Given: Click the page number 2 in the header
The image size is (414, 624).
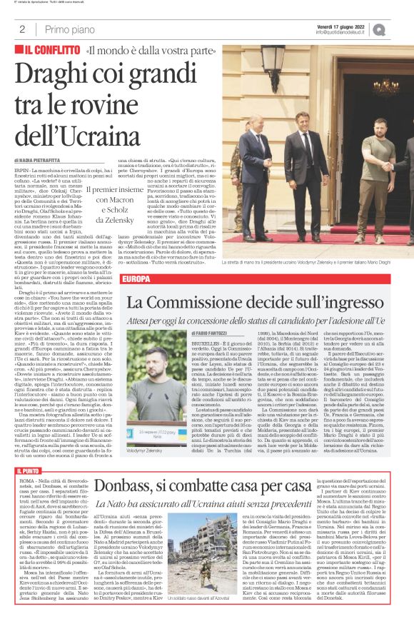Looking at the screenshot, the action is tap(22, 30).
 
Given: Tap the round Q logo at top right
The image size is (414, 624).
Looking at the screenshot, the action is tap(398, 29).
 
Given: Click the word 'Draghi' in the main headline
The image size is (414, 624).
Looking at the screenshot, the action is tap(54, 75).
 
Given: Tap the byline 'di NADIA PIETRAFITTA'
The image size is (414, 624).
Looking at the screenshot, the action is tap(38, 161).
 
